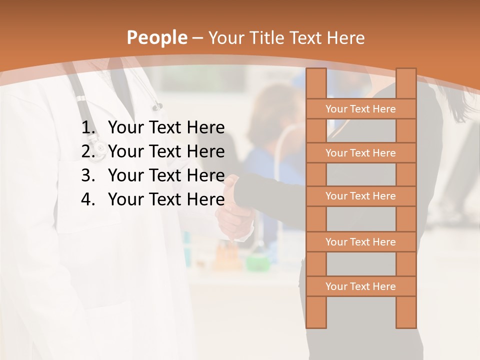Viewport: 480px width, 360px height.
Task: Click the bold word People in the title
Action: [156, 37]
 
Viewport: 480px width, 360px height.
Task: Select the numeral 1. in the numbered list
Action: [88, 128]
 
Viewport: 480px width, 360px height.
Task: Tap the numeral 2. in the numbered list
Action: [88, 151]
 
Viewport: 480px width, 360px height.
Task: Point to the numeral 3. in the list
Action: [88, 175]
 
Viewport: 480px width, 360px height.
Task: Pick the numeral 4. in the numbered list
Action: [88, 199]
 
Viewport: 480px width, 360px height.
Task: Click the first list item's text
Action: [166, 128]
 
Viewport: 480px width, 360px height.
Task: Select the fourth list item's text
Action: [166, 199]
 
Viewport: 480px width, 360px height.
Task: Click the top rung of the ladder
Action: [360, 109]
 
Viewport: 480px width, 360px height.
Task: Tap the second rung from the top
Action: [360, 153]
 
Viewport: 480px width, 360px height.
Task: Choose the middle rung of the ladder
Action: [360, 196]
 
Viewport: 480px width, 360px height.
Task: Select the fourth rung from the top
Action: [360, 242]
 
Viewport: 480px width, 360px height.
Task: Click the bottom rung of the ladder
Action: [360, 286]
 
